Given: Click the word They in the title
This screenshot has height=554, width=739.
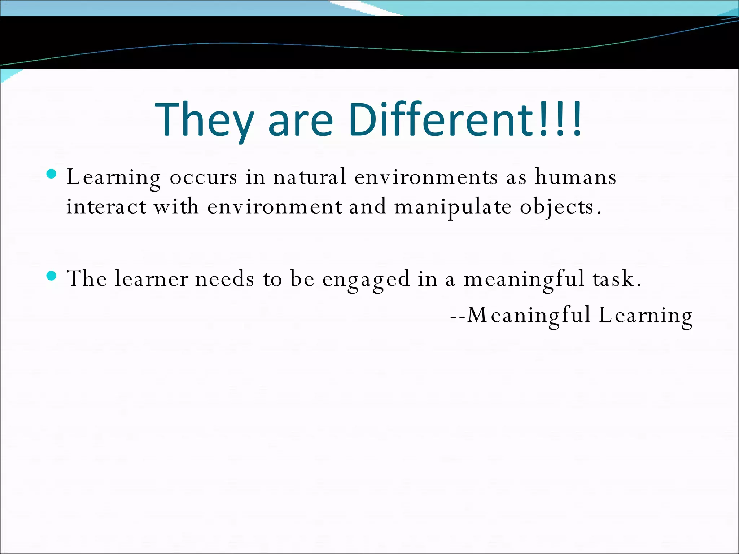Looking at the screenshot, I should click(204, 119).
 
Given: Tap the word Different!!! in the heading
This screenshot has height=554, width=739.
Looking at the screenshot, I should click(465, 119).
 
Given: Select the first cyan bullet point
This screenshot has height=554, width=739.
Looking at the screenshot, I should click(52, 174).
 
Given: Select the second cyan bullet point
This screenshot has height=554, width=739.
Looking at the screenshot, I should click(52, 276).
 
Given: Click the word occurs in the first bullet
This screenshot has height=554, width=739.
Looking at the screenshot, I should click(204, 177).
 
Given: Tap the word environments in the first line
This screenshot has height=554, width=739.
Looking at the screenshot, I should click(426, 177).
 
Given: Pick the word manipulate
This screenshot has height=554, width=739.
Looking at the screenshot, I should click(453, 207).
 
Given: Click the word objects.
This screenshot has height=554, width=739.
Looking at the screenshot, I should click(560, 207).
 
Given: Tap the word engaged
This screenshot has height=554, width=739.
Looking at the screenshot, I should click(366, 280).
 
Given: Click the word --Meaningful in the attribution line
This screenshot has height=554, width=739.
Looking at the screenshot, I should click(520, 315).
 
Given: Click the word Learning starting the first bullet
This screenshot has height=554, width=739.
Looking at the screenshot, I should click(114, 177).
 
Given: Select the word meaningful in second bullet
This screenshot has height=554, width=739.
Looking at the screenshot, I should click(524, 280).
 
